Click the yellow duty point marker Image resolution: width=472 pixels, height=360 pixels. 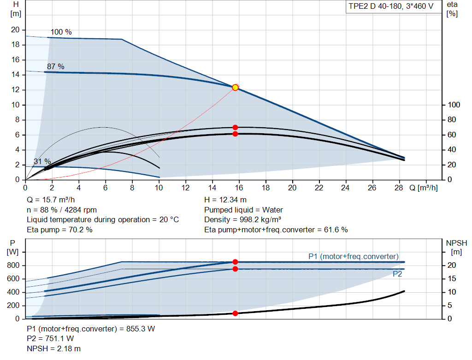(x=235, y=88)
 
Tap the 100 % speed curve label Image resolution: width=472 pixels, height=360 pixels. (x=61, y=32)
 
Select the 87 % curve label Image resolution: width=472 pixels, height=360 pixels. (x=56, y=66)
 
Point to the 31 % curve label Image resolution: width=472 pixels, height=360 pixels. (x=42, y=161)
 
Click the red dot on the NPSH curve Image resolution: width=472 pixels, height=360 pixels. (x=235, y=313)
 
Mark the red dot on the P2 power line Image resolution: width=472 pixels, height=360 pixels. (x=235, y=269)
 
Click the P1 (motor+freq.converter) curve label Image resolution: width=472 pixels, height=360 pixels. (x=354, y=256)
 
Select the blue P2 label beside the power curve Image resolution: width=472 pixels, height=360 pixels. (x=397, y=274)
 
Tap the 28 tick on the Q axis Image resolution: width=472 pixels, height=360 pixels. (x=399, y=188)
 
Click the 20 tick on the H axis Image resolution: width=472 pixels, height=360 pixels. (x=15, y=30)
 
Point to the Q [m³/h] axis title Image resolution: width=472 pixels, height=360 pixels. (x=423, y=188)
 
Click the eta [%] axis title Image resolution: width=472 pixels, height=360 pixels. (x=452, y=9)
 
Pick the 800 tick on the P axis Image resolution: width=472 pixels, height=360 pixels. (x=13, y=265)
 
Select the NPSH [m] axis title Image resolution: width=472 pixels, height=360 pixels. (x=456, y=248)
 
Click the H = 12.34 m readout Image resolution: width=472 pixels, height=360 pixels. (x=225, y=200)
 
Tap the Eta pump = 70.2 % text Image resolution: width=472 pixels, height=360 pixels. (x=59, y=230)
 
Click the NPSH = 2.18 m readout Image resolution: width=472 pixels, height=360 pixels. (x=53, y=348)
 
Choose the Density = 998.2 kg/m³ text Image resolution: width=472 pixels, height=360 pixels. (x=242, y=219)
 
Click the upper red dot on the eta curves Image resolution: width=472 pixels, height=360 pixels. (x=235, y=128)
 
